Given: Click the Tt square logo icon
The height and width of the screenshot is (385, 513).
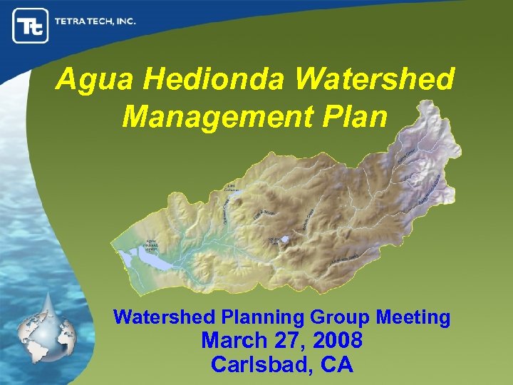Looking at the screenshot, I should pyautogui.click(x=30, y=26).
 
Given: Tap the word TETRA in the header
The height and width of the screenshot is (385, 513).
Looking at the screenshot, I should pyautogui.click(x=72, y=21).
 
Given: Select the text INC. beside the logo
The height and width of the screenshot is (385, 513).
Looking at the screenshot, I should pyautogui.click(x=124, y=21).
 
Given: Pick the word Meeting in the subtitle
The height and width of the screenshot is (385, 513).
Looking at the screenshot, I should pyautogui.click(x=416, y=317).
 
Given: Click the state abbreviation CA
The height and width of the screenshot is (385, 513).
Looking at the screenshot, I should pyautogui.click(x=336, y=364).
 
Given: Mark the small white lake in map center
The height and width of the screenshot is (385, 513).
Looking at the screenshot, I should pyautogui.click(x=284, y=240).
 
